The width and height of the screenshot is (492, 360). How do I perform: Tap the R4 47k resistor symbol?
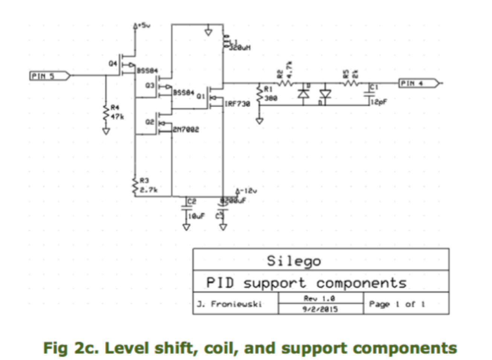[x=106, y=112]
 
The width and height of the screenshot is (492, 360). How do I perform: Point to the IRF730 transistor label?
[x=237, y=104]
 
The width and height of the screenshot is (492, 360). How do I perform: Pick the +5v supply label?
[x=144, y=26]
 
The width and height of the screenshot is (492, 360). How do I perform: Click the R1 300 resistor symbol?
[x=259, y=94]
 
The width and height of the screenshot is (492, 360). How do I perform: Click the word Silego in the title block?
[x=294, y=261]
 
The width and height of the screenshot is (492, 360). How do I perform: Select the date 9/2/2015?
[x=320, y=309]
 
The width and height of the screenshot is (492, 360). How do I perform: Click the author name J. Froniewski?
[x=229, y=304]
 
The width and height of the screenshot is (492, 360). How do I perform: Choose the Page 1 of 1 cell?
[x=397, y=304]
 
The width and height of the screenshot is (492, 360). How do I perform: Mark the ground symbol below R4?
[x=106, y=131]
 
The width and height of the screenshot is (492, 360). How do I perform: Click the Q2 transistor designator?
[x=150, y=122]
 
